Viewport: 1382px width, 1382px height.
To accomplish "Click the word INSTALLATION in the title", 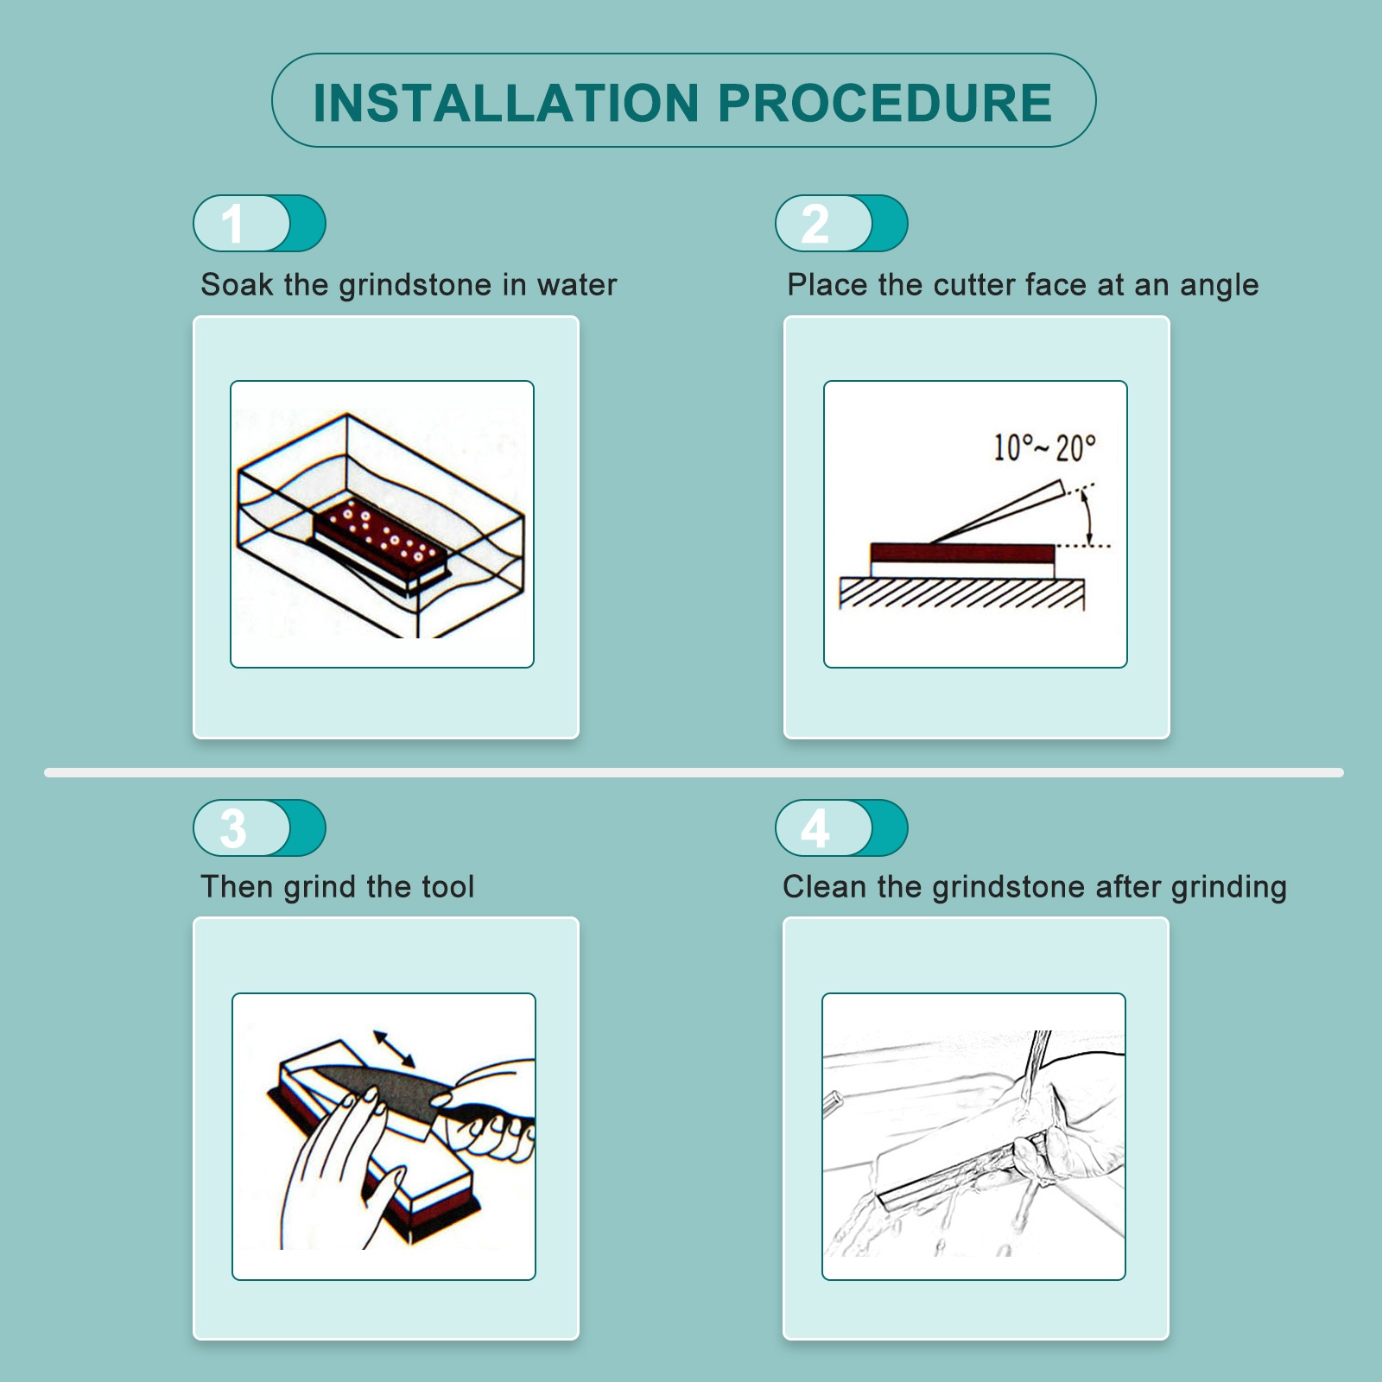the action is [506, 103].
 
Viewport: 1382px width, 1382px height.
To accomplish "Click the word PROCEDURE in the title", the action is [885, 103].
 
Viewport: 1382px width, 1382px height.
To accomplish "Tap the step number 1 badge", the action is [259, 223].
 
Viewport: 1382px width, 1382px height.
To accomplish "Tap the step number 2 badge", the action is [841, 223].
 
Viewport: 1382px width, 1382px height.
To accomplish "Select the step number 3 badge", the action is [259, 827].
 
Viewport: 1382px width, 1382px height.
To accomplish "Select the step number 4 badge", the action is [841, 827].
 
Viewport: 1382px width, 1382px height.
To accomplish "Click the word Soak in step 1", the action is [237, 285].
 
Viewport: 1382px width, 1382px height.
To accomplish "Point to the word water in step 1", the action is [577, 285].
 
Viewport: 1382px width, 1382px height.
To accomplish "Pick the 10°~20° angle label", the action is [1044, 448].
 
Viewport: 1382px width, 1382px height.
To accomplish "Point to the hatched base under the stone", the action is [961, 593].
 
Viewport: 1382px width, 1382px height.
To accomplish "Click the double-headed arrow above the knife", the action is [394, 1049].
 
